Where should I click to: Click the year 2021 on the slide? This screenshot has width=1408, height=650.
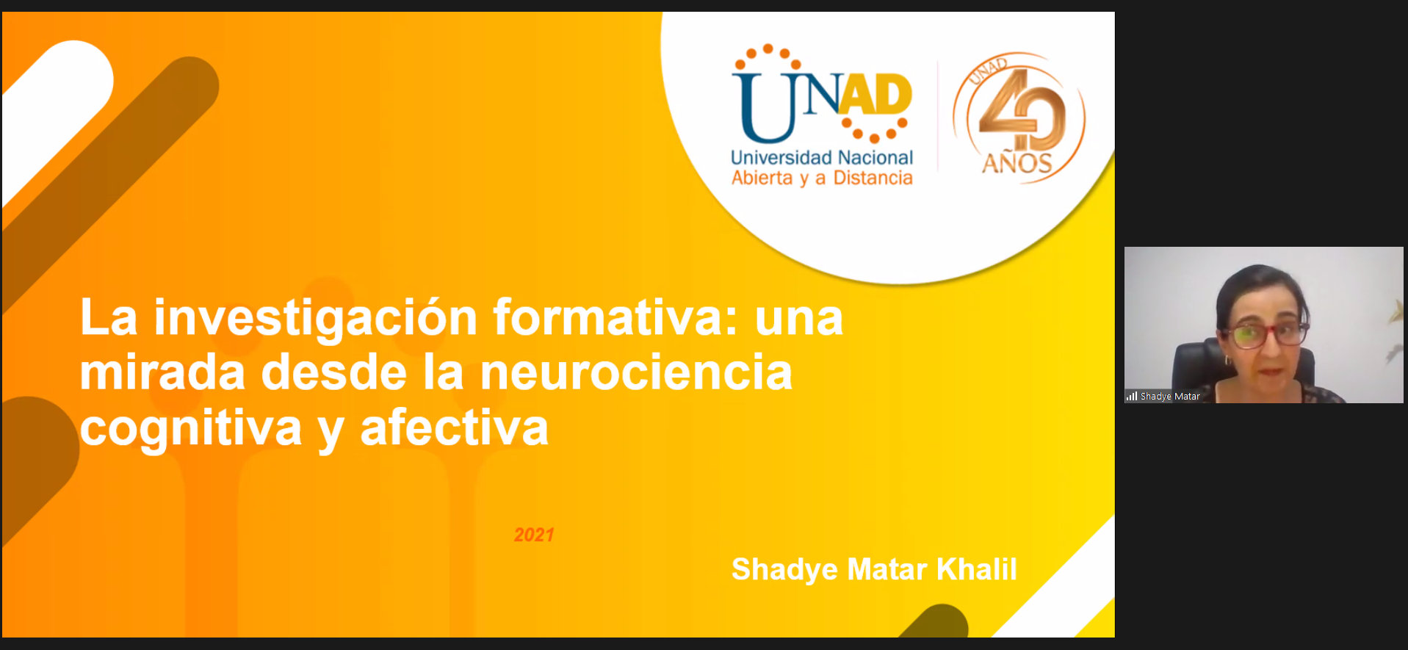[534, 535]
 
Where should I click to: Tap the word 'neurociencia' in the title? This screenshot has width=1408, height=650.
[636, 372]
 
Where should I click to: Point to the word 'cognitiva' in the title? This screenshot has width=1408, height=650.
[191, 429]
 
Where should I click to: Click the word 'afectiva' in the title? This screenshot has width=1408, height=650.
[455, 427]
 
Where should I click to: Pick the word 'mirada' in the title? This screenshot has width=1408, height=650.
[162, 372]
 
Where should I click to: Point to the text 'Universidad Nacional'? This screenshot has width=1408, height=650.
[822, 157]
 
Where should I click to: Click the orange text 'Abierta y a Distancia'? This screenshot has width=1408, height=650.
[822, 178]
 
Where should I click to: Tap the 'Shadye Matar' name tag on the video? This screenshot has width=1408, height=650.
[1170, 397]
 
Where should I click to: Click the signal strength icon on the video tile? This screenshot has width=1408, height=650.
[1132, 397]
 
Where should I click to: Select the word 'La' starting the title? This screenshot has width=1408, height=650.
[109, 319]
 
